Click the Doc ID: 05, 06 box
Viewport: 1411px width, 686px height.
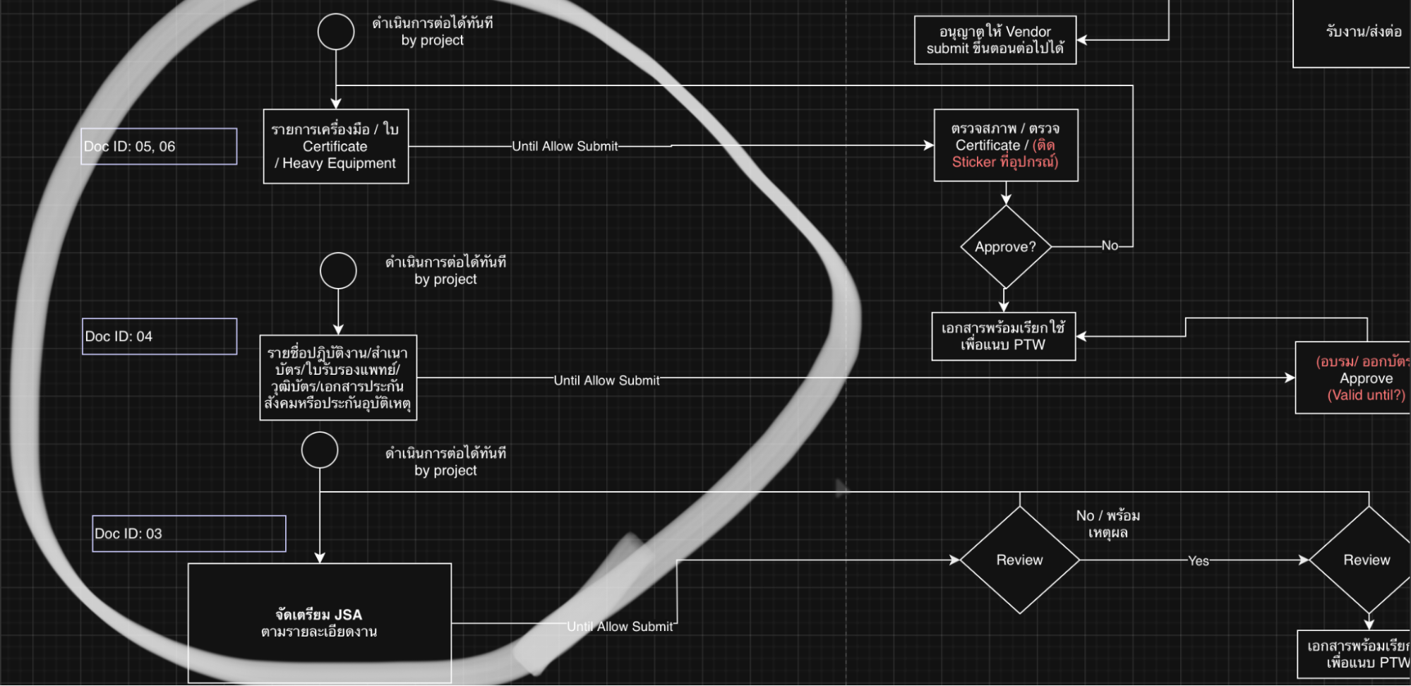[x=159, y=146]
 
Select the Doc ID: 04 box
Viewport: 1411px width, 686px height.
[x=159, y=336]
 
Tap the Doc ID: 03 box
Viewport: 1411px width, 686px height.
[x=188, y=534]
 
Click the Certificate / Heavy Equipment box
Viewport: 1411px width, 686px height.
[x=335, y=146]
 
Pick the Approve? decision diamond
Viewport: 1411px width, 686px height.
[x=1005, y=247]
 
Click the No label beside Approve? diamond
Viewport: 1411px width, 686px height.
[x=1110, y=246]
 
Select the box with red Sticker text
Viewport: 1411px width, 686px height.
[x=1005, y=145]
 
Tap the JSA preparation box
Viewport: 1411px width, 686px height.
[x=319, y=622]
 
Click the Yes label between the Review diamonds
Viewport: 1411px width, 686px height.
[x=1198, y=561]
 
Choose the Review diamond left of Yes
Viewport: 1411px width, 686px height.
[x=1019, y=560]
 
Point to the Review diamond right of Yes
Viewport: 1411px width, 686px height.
[x=1367, y=560]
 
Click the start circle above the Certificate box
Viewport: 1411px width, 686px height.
[x=336, y=31]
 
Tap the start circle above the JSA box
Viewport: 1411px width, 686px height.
[x=320, y=450]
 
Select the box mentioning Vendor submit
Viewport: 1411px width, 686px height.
[x=995, y=40]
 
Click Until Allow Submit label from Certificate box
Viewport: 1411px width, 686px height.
[x=565, y=146]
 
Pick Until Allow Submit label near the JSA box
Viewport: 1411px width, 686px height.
[x=620, y=627]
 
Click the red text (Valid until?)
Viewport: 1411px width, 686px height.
[x=1366, y=395]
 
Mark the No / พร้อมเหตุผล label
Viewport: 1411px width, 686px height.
[x=1107, y=524]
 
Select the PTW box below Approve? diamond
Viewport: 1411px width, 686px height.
[x=1003, y=337]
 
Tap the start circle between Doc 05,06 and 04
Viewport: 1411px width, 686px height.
[x=338, y=271]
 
